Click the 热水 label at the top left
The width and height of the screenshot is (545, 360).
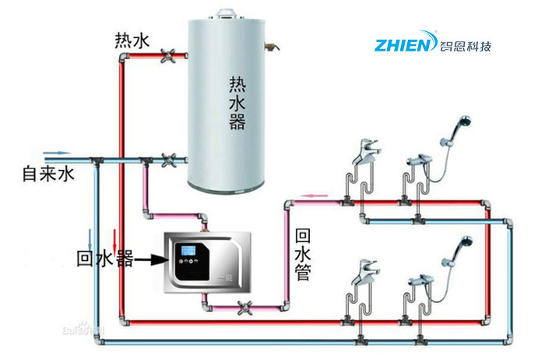(132, 39)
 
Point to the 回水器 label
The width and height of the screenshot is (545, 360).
(104, 258)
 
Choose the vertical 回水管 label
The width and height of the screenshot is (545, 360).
(304, 254)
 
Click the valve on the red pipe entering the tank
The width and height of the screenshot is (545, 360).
(167, 56)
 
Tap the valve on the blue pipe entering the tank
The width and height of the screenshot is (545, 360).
(167, 161)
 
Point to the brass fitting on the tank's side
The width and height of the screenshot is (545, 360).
(272, 44)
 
